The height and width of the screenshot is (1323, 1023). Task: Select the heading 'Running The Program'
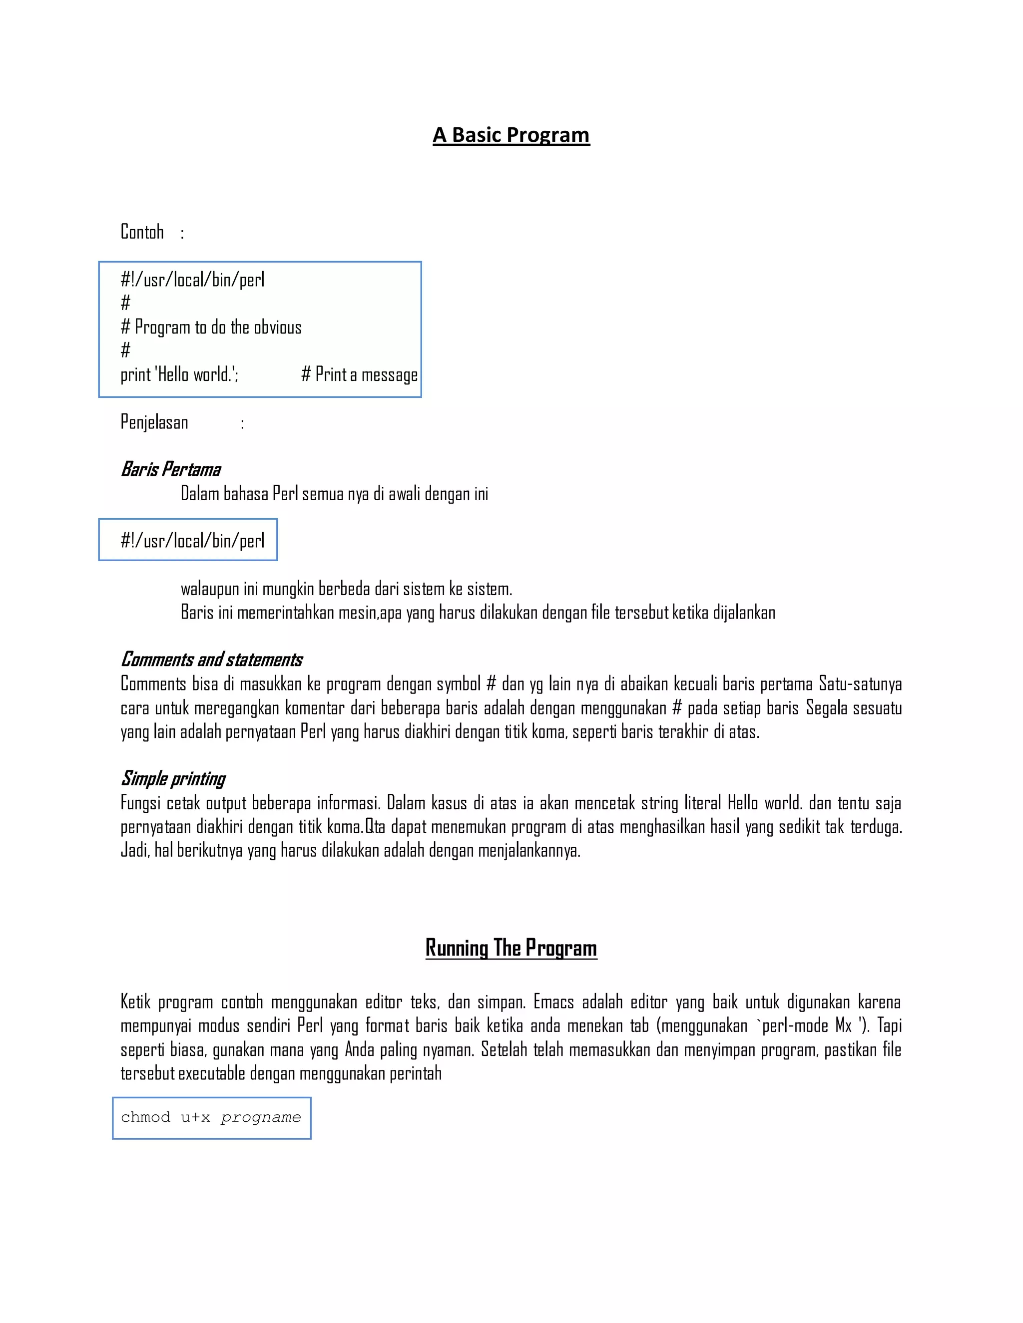(511, 948)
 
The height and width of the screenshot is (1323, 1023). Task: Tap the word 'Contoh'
(142, 232)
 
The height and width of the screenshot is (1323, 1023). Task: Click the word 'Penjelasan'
(154, 422)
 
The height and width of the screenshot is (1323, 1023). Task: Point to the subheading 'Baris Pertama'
(170, 469)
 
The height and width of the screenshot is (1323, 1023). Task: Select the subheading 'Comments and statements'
(211, 660)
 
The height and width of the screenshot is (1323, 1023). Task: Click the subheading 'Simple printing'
(173, 779)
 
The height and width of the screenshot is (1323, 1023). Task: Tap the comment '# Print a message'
(359, 375)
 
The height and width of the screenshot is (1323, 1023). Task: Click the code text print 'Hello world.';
(179, 375)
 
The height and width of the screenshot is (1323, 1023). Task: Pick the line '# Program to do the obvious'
(211, 328)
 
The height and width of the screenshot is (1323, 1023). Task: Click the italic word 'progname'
(261, 1118)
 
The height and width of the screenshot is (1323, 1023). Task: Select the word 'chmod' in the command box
(145, 1118)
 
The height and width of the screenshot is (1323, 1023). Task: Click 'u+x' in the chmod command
(195, 1118)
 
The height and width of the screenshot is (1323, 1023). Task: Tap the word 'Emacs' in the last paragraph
(553, 1002)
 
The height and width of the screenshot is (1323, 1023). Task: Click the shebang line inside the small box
(192, 540)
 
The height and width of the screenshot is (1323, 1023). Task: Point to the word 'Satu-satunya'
(860, 684)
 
